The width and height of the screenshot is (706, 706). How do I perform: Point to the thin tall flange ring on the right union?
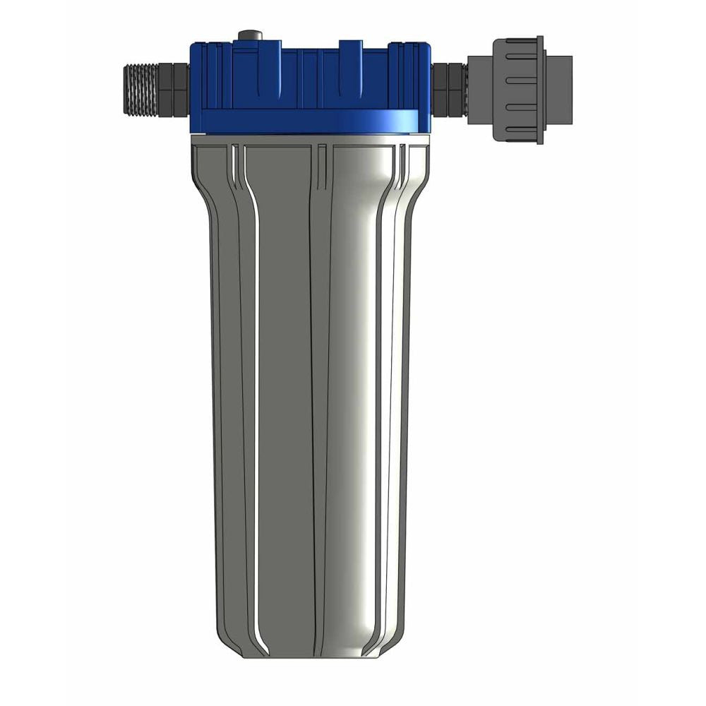[539, 90]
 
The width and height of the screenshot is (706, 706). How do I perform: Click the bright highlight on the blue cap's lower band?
[395, 121]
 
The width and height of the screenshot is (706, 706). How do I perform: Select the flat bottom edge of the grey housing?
[311, 657]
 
